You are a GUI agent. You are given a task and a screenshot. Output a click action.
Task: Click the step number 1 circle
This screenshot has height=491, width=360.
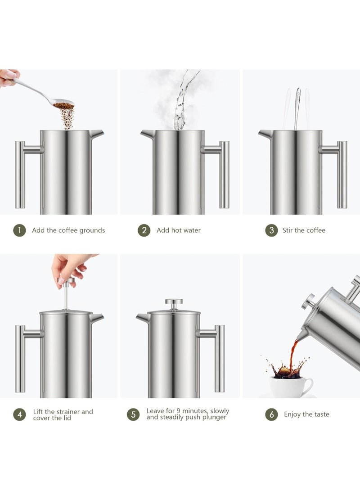coord(19,230)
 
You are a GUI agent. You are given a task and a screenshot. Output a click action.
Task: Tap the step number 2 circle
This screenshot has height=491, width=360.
coord(144,230)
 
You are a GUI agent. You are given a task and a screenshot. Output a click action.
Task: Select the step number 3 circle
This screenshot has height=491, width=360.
coord(271,230)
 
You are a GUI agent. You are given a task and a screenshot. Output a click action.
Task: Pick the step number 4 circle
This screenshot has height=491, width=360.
coord(19,414)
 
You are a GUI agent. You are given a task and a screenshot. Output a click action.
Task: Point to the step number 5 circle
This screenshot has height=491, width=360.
coord(133,414)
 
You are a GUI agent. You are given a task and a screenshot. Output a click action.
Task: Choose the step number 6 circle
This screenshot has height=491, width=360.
coord(271,414)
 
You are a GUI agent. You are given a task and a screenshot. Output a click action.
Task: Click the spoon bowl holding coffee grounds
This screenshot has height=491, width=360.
coord(63,105)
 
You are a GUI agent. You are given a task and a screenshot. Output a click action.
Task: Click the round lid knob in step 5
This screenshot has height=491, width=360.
coord(174,302)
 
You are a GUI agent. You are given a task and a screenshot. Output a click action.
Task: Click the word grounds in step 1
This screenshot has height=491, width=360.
coord(92,230)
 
